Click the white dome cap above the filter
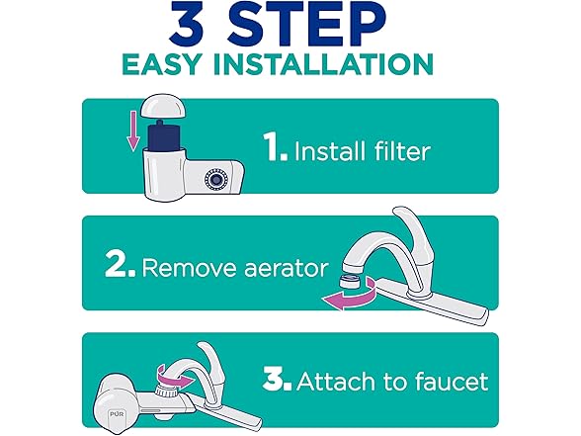163,107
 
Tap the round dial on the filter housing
215,179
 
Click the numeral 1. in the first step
276,146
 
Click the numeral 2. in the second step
121,264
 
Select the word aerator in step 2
287,269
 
